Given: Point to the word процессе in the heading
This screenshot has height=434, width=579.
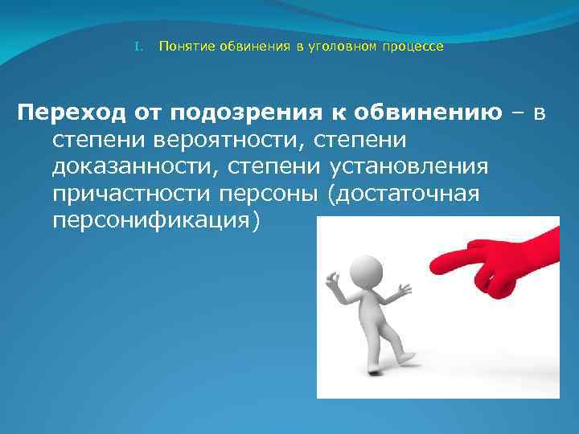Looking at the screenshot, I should tap(412, 47).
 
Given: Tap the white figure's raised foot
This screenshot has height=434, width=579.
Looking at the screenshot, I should tap(410, 354).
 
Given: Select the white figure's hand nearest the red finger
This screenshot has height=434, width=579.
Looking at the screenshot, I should tap(404, 288).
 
